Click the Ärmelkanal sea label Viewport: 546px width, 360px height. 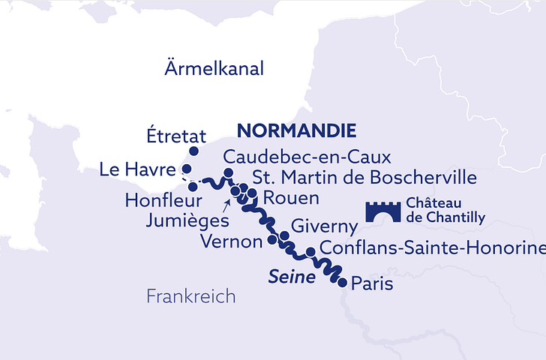214,69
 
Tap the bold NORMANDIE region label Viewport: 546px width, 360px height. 296,130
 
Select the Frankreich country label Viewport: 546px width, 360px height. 190,296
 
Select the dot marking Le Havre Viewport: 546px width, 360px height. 187,169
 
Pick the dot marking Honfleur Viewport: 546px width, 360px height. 193,186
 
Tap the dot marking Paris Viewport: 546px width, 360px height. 343,283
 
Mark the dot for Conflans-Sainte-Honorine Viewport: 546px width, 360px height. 310,252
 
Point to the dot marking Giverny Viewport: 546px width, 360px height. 283,235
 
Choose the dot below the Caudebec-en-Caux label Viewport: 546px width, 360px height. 229,172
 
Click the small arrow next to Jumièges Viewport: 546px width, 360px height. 226,203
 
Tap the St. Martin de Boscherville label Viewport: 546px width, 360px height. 364,178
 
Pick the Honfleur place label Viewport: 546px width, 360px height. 163,202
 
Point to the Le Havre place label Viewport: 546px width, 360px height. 138,170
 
